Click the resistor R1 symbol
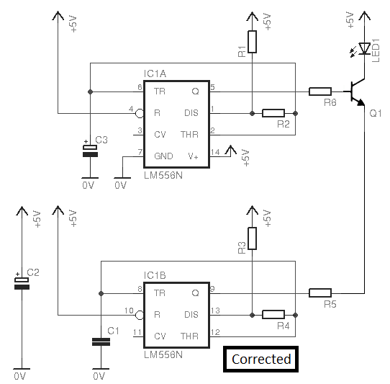coord(253,42)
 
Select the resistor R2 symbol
coord(273,113)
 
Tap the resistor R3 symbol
coord(253,238)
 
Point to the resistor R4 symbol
coord(273,315)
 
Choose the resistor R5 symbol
coord(320,293)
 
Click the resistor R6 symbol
coord(320,91)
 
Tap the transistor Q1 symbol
coord(355,92)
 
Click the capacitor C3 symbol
coord(90,151)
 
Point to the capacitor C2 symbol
coord(22,283)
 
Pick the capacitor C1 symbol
coord(101,342)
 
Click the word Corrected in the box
coord(261,359)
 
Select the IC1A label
coord(155,74)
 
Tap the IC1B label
coord(155,276)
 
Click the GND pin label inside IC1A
coord(163,156)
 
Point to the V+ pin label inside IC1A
coord(194,156)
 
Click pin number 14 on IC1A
coord(215,152)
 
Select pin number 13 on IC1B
coord(215,311)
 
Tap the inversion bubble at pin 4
coord(140,114)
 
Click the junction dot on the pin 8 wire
coord(101,294)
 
